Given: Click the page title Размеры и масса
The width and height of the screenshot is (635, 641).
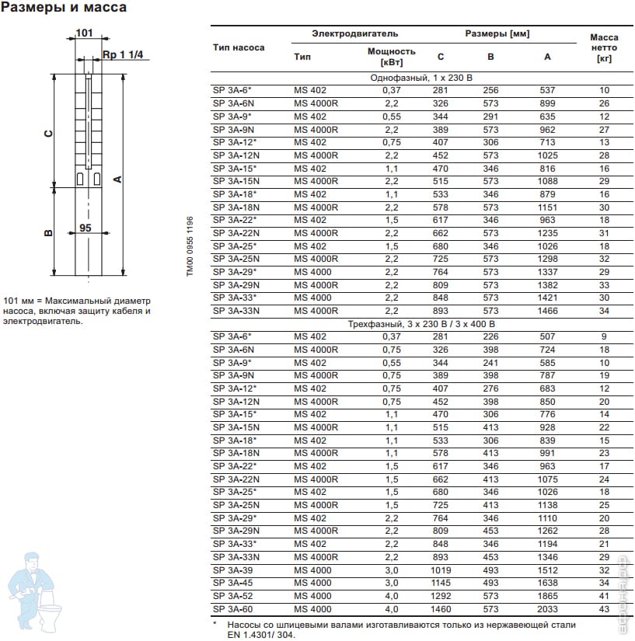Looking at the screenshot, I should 65,9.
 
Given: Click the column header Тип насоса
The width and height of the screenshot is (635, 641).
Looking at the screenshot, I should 239,47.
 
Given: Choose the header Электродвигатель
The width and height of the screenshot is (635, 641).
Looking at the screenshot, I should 354,34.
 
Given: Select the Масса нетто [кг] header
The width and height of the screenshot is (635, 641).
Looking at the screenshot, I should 603,47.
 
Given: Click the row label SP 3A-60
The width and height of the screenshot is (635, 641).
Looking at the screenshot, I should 232,609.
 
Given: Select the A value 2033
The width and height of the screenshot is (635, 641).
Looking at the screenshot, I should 547,609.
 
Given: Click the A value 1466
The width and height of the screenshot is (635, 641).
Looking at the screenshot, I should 547,311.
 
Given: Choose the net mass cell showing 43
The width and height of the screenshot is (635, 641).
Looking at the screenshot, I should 604,609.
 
